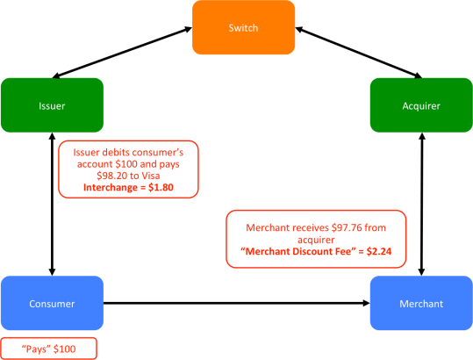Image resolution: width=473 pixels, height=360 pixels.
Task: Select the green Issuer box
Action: click(53, 106)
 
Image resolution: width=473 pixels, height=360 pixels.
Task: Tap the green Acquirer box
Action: click(420, 106)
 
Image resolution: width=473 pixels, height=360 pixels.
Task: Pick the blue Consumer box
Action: click(53, 304)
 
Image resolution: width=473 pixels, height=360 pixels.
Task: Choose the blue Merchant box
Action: click(420, 304)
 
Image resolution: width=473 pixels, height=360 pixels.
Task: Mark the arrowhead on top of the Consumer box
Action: click(53, 270)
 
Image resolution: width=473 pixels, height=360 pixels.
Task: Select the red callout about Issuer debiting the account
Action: click(128, 169)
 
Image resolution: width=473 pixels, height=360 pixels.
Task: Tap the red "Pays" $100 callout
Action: click(48, 349)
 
